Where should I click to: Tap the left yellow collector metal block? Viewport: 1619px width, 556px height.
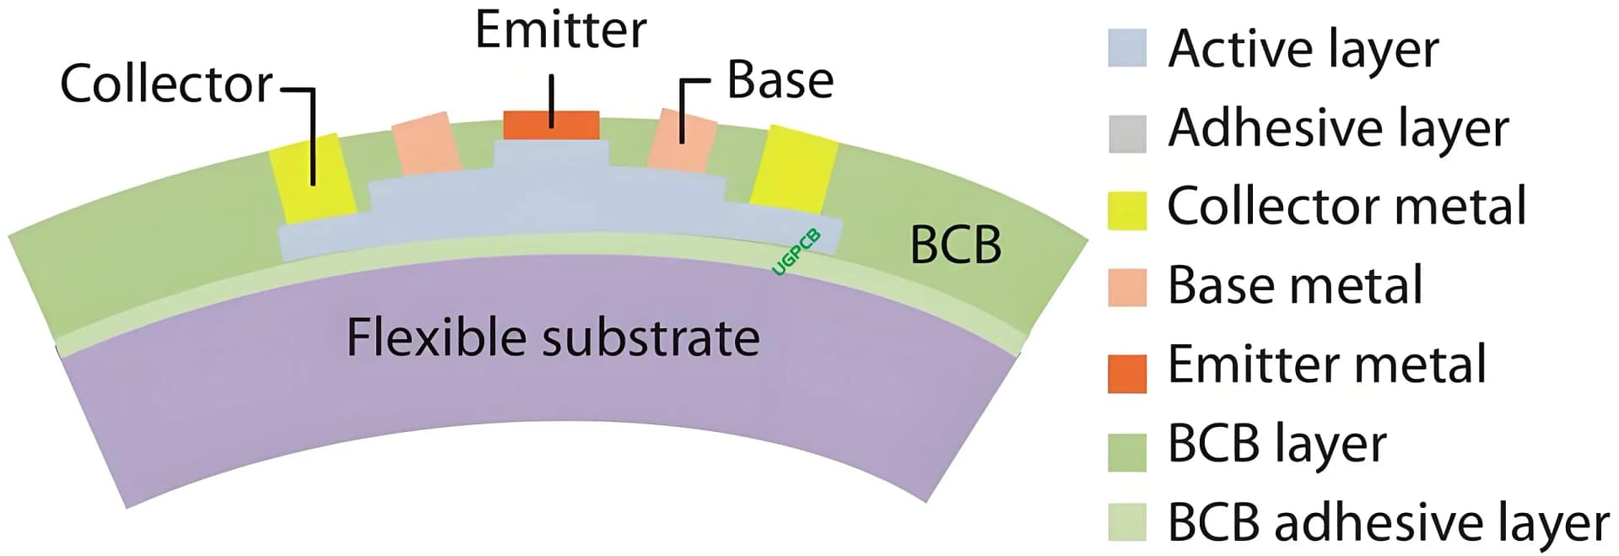[x=310, y=177]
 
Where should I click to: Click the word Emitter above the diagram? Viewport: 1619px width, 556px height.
[x=560, y=30]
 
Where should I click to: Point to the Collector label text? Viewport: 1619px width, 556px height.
[x=166, y=85]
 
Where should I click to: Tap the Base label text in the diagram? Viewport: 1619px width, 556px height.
[x=780, y=81]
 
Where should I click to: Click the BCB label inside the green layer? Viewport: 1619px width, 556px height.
[x=955, y=246]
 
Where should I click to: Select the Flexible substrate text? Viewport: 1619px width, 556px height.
[x=553, y=337]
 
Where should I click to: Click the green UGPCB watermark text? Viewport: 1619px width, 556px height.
[x=796, y=251]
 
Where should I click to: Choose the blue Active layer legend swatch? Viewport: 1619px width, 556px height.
[x=1126, y=48]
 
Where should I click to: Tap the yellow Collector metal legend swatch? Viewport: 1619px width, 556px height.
[x=1126, y=210]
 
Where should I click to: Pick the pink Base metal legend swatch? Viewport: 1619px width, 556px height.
[x=1126, y=287]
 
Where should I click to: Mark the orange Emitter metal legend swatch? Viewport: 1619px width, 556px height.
[x=1126, y=374]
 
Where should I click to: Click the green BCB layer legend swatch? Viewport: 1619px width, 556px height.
[x=1126, y=451]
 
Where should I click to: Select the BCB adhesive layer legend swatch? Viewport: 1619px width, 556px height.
[x=1126, y=521]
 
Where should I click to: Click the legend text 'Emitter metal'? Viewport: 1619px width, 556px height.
[x=1326, y=364]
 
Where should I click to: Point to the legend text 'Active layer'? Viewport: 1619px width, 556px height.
[x=1303, y=49]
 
